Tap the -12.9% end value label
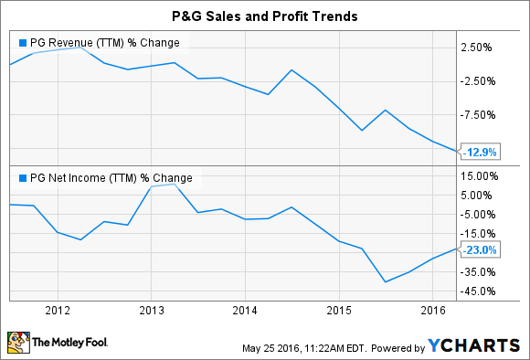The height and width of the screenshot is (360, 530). coord(480,152)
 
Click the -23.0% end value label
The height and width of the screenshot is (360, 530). coord(480,249)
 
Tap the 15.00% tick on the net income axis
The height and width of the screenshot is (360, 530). coord(481,176)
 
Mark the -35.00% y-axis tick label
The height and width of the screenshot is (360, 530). coord(481,272)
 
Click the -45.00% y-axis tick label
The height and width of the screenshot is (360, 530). coord(481,291)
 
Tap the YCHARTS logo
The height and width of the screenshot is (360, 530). coord(472,345)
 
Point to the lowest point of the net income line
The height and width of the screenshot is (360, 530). coord(385,281)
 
